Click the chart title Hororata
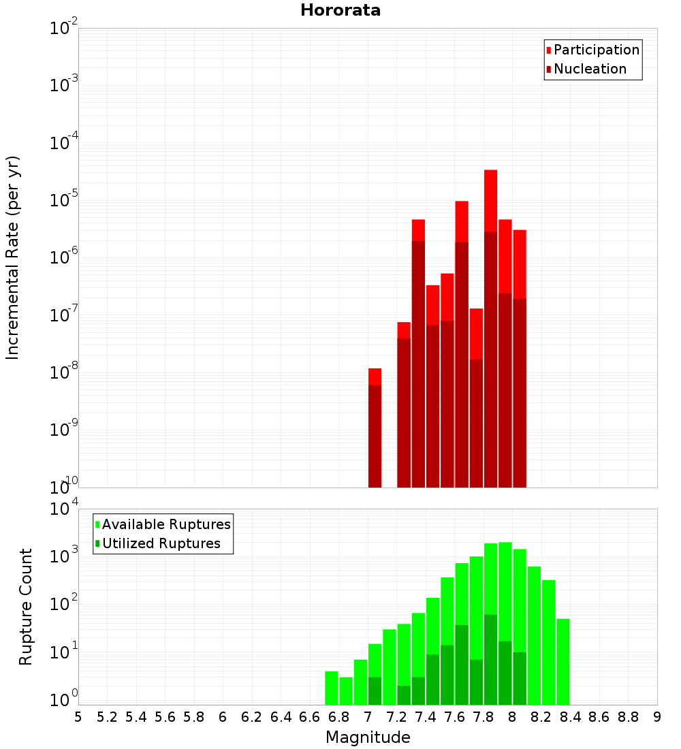point(340,10)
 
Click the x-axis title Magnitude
point(368,737)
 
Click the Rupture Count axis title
point(26,606)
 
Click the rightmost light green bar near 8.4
point(563,661)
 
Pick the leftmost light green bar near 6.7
point(332,688)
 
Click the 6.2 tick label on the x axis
point(252,717)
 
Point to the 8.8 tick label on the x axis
point(628,717)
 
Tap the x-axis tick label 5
point(78,717)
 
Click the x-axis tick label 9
point(656,717)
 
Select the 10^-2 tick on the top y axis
point(64,29)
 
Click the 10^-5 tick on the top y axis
point(64,200)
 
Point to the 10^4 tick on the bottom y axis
point(64,509)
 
